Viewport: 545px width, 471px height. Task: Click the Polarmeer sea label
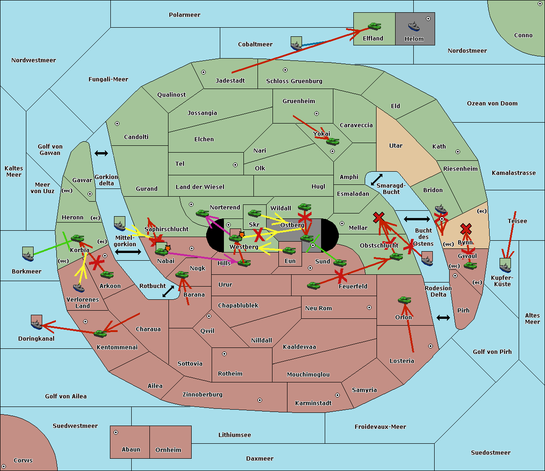(x=184, y=15)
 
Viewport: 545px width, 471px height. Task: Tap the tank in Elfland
(x=374, y=26)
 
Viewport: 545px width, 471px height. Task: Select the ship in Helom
(x=414, y=26)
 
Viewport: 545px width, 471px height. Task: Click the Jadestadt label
(x=230, y=81)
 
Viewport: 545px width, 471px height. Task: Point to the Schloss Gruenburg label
(x=294, y=81)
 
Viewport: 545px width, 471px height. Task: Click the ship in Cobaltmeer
(x=296, y=44)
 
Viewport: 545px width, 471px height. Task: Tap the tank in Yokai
(x=333, y=142)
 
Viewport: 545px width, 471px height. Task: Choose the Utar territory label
(x=396, y=146)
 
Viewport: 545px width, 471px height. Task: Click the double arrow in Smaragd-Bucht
(x=377, y=179)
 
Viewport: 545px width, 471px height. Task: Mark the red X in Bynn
(x=466, y=228)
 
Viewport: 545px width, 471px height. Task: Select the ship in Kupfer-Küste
(x=505, y=265)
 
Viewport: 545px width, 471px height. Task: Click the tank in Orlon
(x=404, y=300)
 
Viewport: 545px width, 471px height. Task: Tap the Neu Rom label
(x=318, y=308)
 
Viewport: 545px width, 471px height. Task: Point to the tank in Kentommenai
(x=100, y=334)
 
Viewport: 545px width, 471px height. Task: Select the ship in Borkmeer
(x=28, y=254)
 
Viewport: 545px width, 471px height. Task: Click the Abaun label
(x=131, y=450)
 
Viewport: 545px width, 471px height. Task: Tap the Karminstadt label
(x=313, y=403)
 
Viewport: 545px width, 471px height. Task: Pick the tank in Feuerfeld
(x=313, y=286)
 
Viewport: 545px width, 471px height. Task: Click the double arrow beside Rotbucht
(x=168, y=292)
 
